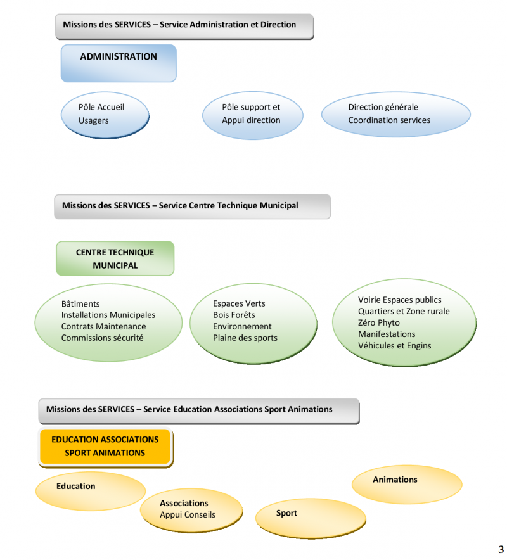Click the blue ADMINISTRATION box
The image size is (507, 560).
tap(119, 63)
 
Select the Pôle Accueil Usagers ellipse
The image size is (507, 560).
tap(105, 114)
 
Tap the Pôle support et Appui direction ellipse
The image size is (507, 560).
tap(250, 114)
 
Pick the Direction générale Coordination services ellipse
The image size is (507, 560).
tap(395, 114)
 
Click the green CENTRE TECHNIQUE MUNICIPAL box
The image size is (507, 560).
tap(115, 258)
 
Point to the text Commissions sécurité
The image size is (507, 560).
tap(102, 338)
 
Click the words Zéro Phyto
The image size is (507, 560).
tap(379, 323)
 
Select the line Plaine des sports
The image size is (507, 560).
tap(245, 338)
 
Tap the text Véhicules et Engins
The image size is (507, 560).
tap(394, 346)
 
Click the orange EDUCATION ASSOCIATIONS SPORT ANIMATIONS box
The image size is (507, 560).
tap(105, 446)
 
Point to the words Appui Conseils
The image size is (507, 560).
tap(188, 515)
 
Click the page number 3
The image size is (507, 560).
tap(501, 549)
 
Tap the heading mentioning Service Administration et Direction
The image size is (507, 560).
tap(184, 25)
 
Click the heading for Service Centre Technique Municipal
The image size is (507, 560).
tap(192, 206)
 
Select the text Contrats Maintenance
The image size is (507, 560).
tap(103, 327)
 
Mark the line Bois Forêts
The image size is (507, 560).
tap(234, 315)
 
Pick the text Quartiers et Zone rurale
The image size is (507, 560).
tap(404, 312)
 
